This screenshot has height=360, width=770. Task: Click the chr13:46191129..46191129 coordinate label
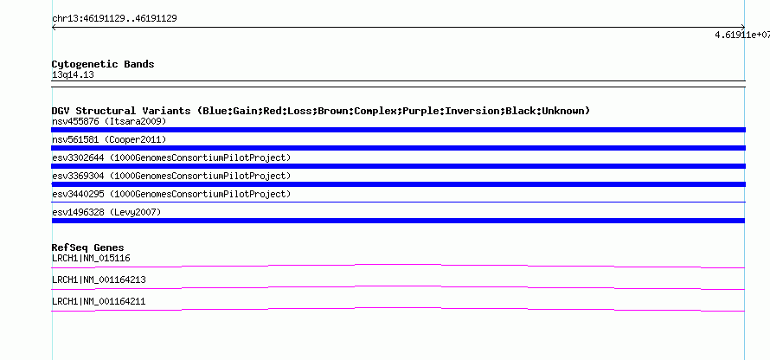click(114, 19)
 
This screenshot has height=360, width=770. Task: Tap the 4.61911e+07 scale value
click(742, 35)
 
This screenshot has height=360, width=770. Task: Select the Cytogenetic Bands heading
click(103, 64)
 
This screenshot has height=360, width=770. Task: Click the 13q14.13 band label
click(73, 75)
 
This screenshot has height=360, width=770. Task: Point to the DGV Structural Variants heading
click(321, 111)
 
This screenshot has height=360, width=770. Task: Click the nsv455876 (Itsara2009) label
click(109, 121)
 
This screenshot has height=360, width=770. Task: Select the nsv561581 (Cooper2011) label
click(109, 140)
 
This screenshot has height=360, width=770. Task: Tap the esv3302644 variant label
click(171, 157)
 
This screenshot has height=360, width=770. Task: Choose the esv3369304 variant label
click(171, 176)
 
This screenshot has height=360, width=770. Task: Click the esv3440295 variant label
click(171, 194)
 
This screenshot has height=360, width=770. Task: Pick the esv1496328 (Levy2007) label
click(106, 212)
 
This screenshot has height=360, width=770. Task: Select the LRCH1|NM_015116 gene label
click(91, 259)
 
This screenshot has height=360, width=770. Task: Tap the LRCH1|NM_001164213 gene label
click(99, 280)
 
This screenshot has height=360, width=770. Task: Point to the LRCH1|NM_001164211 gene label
click(99, 301)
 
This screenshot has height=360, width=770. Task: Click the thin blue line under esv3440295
click(398, 202)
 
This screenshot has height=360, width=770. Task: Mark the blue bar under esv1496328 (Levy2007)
click(398, 221)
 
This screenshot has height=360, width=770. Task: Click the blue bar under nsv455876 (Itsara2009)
click(398, 130)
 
